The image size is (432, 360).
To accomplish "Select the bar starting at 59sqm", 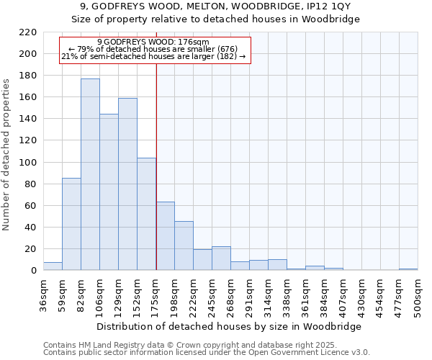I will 71,224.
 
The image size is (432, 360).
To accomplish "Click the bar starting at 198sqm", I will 184,246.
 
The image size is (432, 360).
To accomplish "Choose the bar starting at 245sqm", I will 221,258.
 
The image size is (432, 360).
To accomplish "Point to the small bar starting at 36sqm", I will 53,266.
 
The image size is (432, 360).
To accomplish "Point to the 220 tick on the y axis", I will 27,32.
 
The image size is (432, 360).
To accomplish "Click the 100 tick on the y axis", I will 27,163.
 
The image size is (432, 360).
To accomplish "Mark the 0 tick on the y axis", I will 33,271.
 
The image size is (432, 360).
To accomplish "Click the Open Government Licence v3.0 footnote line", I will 207,352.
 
